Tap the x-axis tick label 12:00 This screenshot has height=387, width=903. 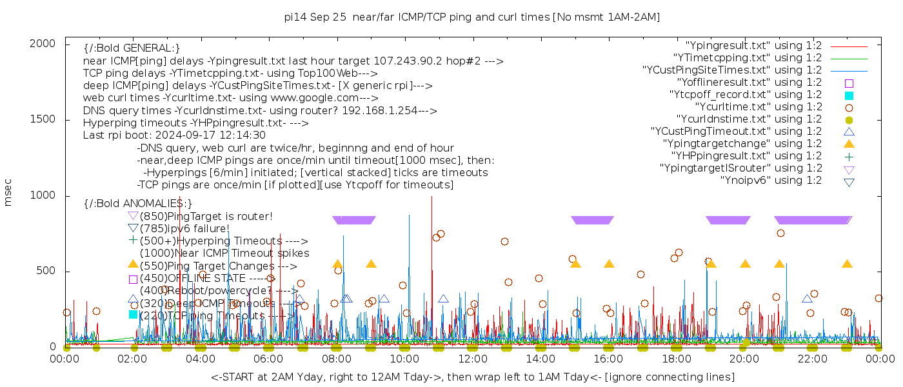pos(473,359)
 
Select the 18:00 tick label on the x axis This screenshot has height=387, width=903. pos(677,359)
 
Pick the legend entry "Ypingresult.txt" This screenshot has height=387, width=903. pos(753,46)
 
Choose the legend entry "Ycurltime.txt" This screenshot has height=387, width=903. pos(759,106)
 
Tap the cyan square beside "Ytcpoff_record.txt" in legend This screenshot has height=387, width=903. pos(849,95)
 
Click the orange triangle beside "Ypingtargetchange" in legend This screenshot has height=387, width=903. pos(849,143)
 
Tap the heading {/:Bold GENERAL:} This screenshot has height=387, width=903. pos(132,48)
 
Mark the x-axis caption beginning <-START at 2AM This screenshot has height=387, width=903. pos(472,377)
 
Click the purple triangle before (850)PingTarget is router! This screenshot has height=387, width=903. pos(134,215)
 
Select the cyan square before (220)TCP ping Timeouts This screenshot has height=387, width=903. pos(134,315)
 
